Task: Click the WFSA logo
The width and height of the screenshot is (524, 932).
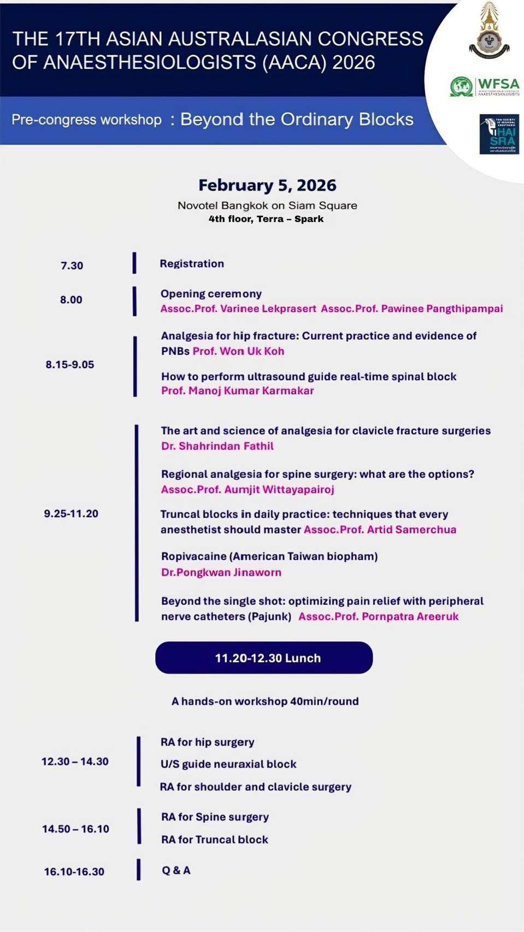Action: (485, 86)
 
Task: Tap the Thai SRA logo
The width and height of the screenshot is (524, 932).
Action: (499, 134)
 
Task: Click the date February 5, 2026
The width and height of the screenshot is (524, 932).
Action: (267, 185)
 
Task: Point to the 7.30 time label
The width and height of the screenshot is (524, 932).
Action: (72, 266)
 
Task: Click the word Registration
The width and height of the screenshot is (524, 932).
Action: (192, 263)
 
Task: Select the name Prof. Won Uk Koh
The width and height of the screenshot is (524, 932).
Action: (238, 351)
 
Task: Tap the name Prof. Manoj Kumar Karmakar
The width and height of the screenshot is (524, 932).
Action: (238, 391)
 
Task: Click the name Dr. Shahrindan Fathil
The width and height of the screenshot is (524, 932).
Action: (217, 446)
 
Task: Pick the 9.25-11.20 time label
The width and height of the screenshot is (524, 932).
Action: (71, 514)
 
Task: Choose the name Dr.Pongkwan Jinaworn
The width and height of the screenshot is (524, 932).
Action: (221, 572)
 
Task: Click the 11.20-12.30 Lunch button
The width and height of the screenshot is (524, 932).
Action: (264, 658)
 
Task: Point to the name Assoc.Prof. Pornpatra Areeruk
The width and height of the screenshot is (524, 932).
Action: (378, 617)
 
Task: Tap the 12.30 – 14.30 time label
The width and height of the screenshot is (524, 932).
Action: (75, 761)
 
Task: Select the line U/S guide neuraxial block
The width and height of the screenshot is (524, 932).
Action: (228, 764)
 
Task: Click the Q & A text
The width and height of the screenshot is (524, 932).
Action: (176, 870)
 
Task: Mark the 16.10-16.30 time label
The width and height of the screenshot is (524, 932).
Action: (74, 872)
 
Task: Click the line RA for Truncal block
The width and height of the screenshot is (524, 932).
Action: (215, 840)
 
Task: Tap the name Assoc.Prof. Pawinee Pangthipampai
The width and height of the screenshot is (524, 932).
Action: (412, 309)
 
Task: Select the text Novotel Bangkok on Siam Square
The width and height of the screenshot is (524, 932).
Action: (267, 206)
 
